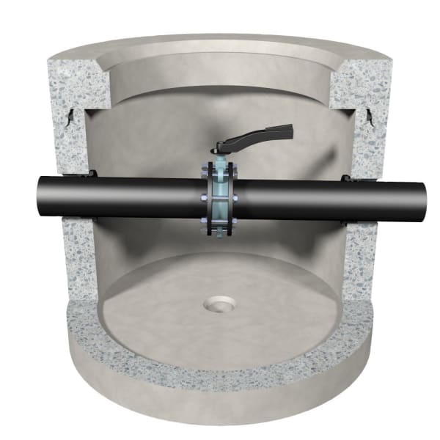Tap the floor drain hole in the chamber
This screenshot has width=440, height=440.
tap(219, 302)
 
